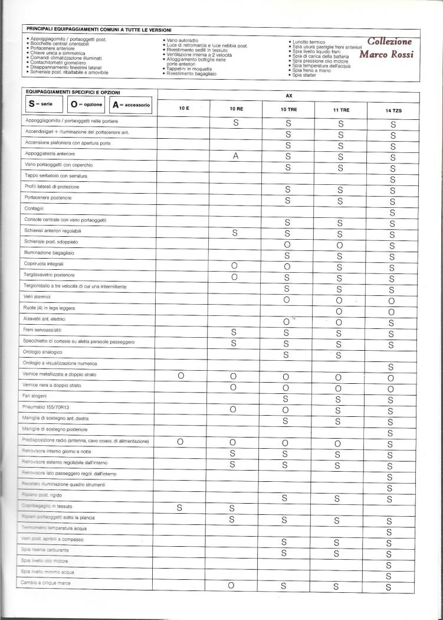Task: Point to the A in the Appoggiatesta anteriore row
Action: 235,156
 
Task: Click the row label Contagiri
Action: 36,209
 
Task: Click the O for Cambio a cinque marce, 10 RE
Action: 232,586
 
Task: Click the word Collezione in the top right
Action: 389,41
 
